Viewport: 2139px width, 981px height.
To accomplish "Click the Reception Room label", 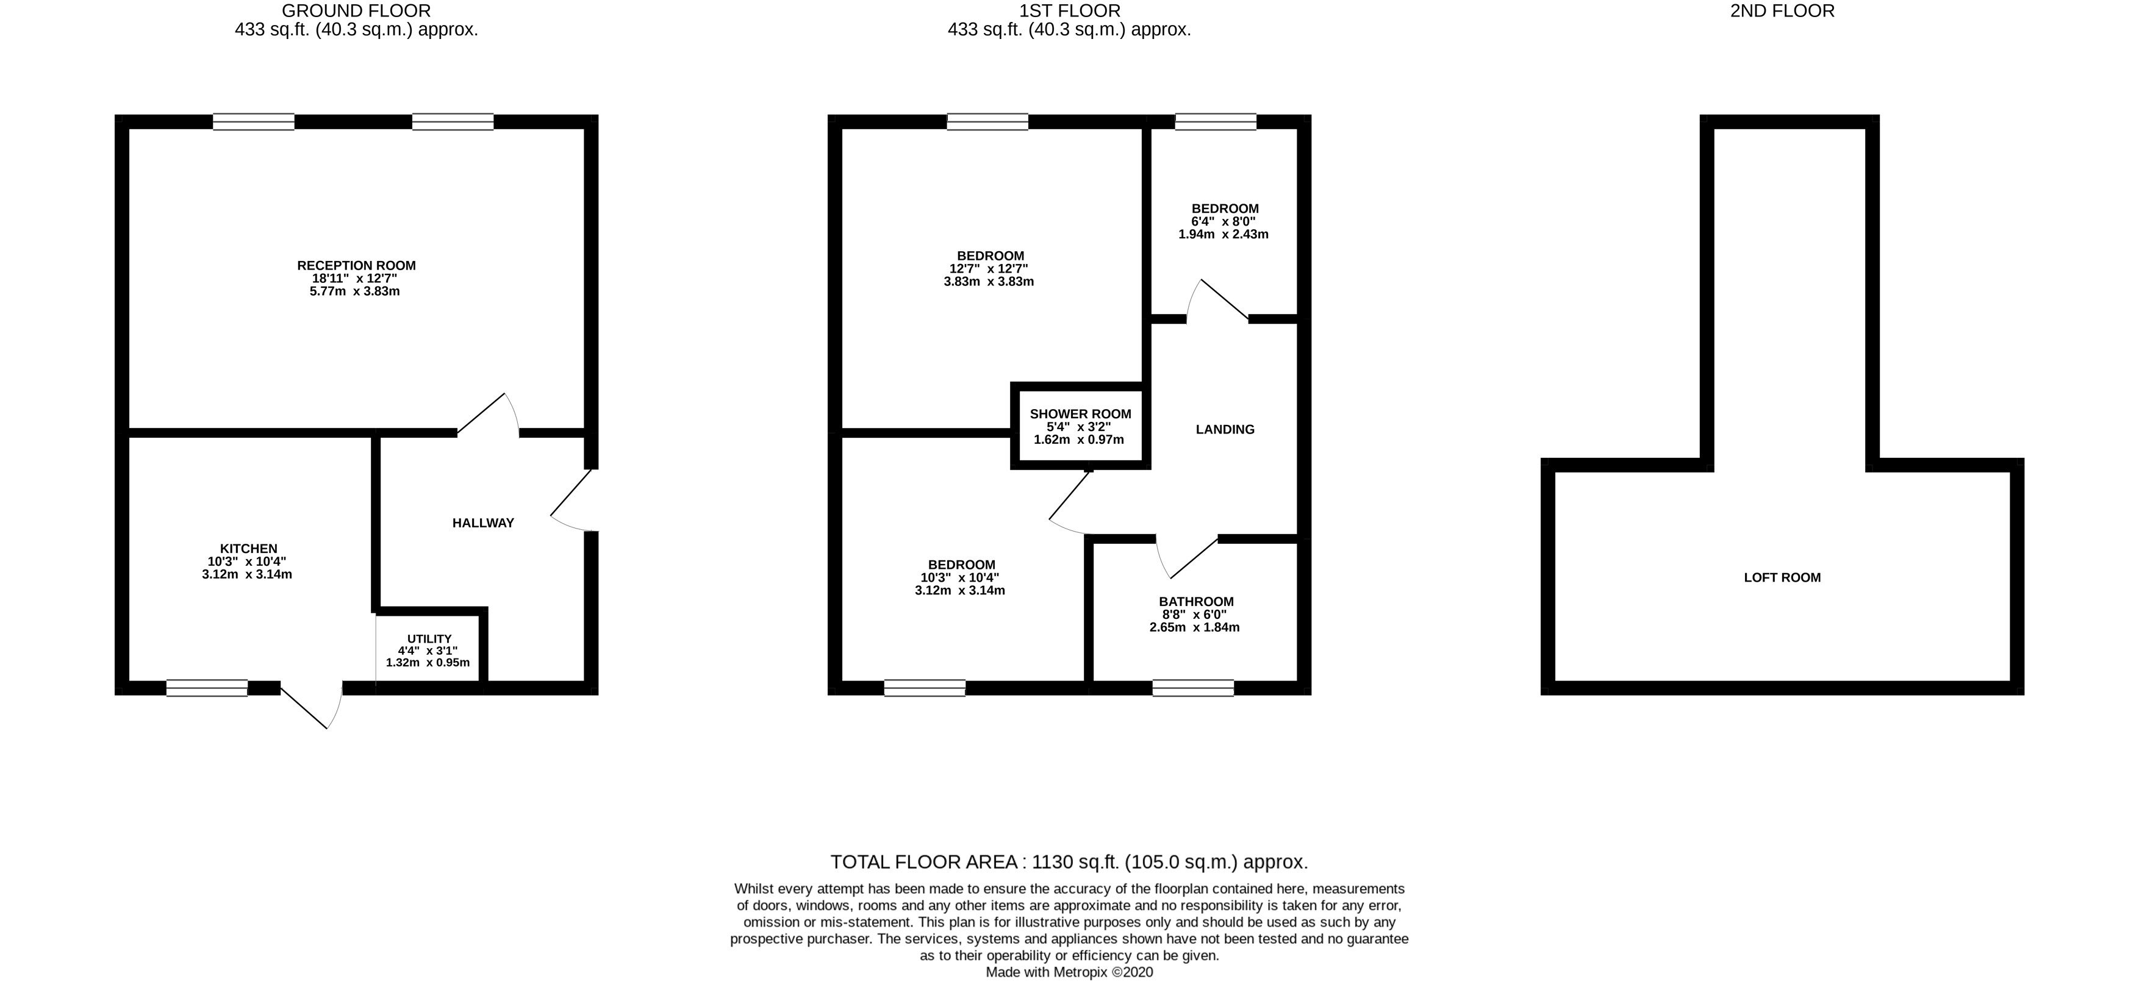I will coord(356,266).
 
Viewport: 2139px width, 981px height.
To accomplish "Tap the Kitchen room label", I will coord(248,549).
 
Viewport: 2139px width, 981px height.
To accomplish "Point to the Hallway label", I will coord(483,523).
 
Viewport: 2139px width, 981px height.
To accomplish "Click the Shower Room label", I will coord(1080,414).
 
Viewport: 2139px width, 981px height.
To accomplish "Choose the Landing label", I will coord(1225,429).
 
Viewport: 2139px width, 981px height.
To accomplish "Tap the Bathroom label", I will coord(1195,602).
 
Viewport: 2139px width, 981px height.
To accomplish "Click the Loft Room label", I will coord(1782,577).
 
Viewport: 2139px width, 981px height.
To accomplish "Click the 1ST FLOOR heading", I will coord(1070,11).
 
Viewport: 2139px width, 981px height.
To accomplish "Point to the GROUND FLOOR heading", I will coord(356,11).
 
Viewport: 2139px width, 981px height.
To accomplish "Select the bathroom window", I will coord(1193,687).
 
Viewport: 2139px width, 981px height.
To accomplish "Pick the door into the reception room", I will coord(489,415).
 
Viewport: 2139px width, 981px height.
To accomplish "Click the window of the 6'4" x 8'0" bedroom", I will coord(1216,122).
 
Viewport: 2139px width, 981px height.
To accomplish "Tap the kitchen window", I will coord(207,687).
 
